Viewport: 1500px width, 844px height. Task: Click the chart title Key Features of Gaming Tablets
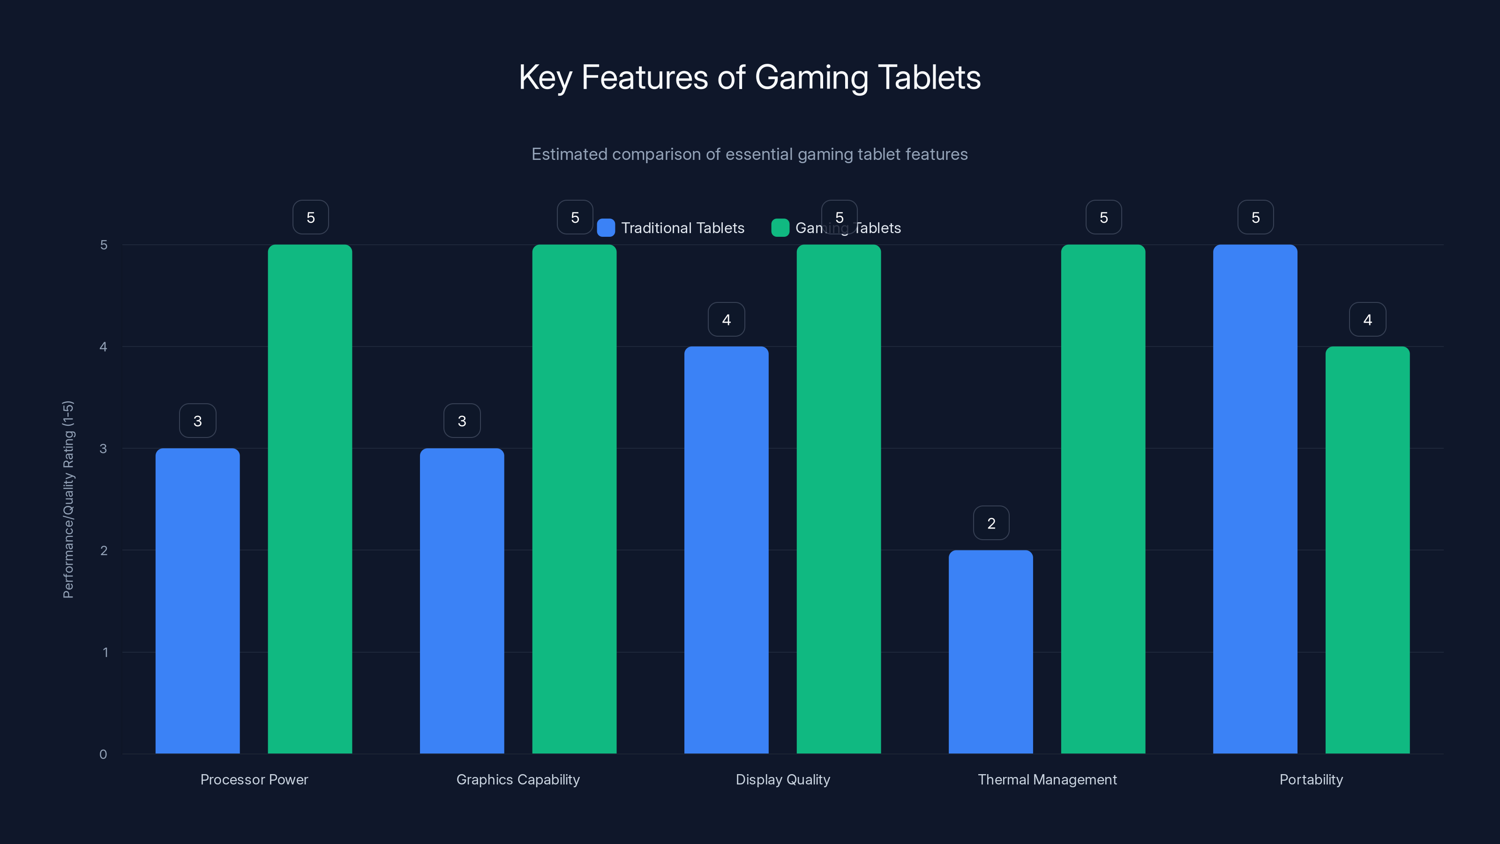[750, 77]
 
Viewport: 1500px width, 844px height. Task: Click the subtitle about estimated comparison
[750, 154]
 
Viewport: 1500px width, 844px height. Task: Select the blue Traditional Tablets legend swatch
[606, 228]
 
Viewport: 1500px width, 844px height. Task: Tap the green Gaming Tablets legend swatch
[780, 228]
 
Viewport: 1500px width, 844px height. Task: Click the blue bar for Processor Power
[197, 600]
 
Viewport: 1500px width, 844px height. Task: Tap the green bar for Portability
[1367, 550]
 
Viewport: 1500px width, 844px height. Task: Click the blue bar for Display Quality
[726, 550]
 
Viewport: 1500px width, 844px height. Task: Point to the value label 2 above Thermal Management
[991, 523]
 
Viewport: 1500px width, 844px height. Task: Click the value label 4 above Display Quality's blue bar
[726, 319]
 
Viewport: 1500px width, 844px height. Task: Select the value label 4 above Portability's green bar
[1367, 319]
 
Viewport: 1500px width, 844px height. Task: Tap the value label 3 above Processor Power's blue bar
[197, 421]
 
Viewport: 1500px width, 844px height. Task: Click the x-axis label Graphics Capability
[517, 779]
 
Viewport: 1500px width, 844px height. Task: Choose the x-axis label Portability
[1311, 779]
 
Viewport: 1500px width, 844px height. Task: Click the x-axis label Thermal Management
[1047, 779]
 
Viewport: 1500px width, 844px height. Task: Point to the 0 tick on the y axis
[103, 754]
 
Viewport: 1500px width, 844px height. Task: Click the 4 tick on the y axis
[103, 347]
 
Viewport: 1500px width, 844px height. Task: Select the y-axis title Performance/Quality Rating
[68, 499]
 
